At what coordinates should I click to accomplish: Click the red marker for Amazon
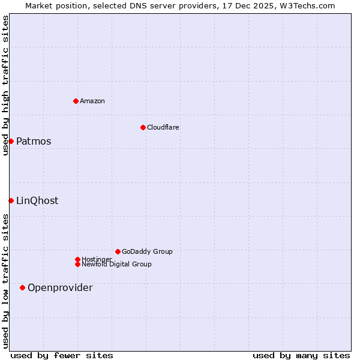[76, 101]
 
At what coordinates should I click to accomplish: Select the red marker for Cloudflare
[143, 127]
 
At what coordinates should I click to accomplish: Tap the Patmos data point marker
[11, 141]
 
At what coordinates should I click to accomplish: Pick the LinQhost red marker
[11, 200]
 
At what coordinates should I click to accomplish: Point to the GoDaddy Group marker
[118, 251]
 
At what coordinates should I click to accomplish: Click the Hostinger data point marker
[77, 259]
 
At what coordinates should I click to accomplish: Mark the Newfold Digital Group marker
[77, 264]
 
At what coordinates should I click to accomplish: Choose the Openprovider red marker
[22, 287]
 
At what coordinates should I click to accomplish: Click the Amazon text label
[92, 101]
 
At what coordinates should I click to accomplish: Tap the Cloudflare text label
[163, 127]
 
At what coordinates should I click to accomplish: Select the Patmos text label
[34, 142]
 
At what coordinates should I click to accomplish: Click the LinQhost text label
[37, 201]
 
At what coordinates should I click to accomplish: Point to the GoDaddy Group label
[147, 251]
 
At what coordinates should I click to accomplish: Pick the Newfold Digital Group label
[117, 265]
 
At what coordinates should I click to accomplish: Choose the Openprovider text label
[60, 288]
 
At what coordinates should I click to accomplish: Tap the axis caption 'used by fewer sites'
[62, 355]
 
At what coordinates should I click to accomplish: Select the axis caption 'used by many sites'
[301, 355]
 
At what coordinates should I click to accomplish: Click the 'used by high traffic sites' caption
[5, 85]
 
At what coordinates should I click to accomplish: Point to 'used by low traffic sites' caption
[5, 281]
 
